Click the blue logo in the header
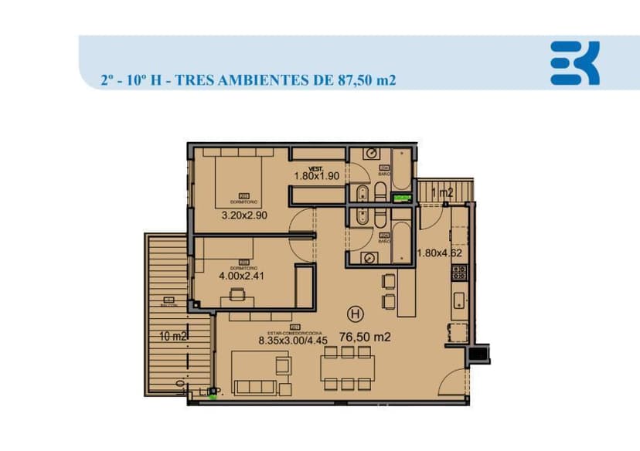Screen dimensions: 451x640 pos(574,63)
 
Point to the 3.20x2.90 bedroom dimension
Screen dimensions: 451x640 pos(243,215)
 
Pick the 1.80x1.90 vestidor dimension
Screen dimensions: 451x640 pos(316,175)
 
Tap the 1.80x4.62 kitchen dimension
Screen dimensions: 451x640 pos(439,253)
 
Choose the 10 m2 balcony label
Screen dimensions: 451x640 pos(173,336)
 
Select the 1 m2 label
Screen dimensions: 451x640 pos(442,193)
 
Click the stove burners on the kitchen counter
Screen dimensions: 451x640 pos(459,272)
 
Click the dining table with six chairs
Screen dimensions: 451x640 pos(348,368)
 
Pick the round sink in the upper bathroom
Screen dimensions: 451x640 pos(371,153)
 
